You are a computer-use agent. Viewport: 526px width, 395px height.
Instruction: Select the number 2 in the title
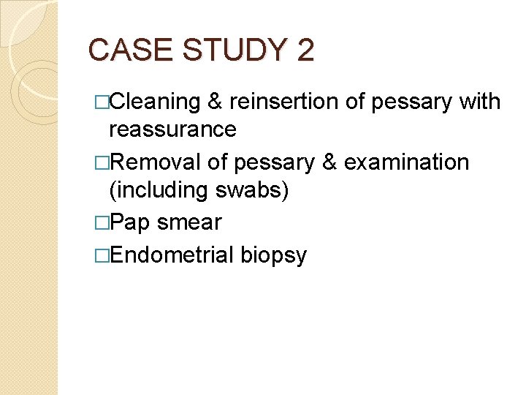click(305, 50)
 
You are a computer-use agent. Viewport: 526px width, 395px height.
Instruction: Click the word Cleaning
click(155, 101)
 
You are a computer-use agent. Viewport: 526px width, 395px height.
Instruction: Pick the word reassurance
click(172, 129)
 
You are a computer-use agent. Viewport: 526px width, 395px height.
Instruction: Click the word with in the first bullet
click(480, 101)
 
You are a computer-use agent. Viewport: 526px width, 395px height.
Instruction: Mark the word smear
click(189, 222)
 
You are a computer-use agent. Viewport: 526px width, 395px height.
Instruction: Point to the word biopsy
click(274, 255)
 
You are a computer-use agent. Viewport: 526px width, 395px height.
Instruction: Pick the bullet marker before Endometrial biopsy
click(102, 255)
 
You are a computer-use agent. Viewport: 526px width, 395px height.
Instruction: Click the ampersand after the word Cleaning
click(215, 101)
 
